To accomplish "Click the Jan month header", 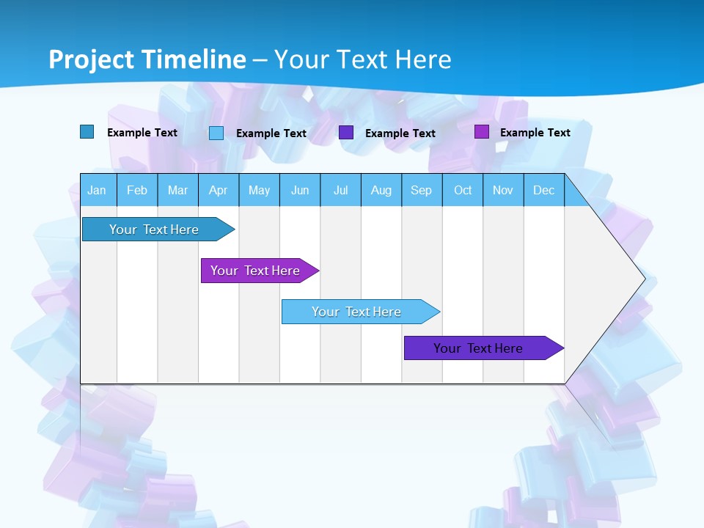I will click(97, 190).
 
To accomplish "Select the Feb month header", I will click(137, 190).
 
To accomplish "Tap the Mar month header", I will click(177, 190).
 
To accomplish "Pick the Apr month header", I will click(219, 190).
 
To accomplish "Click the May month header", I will click(259, 190).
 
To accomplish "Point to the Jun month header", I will click(300, 190).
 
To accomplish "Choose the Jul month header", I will click(340, 190).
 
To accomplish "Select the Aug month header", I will click(381, 190).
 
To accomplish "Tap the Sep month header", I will click(422, 190).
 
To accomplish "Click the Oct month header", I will click(463, 190).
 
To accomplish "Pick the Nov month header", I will click(503, 190).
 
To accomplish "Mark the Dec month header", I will click(544, 190).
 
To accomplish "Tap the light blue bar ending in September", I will click(357, 312).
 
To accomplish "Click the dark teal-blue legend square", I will click(87, 132).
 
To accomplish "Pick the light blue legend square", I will click(216, 133).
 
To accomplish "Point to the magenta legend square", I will click(482, 132).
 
